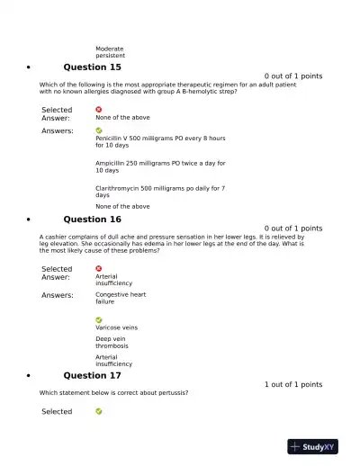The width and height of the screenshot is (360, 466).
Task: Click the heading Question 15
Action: point(92,67)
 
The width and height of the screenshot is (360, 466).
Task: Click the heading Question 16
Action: point(92,220)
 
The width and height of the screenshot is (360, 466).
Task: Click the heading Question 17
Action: point(92,375)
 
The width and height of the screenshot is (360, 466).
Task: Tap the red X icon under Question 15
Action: point(99,110)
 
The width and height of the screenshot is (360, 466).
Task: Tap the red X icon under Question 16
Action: point(99,268)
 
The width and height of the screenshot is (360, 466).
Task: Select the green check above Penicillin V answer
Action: point(99,130)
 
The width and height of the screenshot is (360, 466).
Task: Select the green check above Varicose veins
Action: point(99,319)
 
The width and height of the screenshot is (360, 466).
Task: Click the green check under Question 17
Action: point(99,411)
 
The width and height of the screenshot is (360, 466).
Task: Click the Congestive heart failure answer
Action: point(120,298)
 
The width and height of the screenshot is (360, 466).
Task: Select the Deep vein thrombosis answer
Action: point(113,342)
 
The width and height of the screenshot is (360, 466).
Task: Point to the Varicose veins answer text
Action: point(116,327)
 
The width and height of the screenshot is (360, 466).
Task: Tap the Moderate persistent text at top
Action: point(111,52)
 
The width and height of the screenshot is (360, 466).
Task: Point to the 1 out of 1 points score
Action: point(292,385)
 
